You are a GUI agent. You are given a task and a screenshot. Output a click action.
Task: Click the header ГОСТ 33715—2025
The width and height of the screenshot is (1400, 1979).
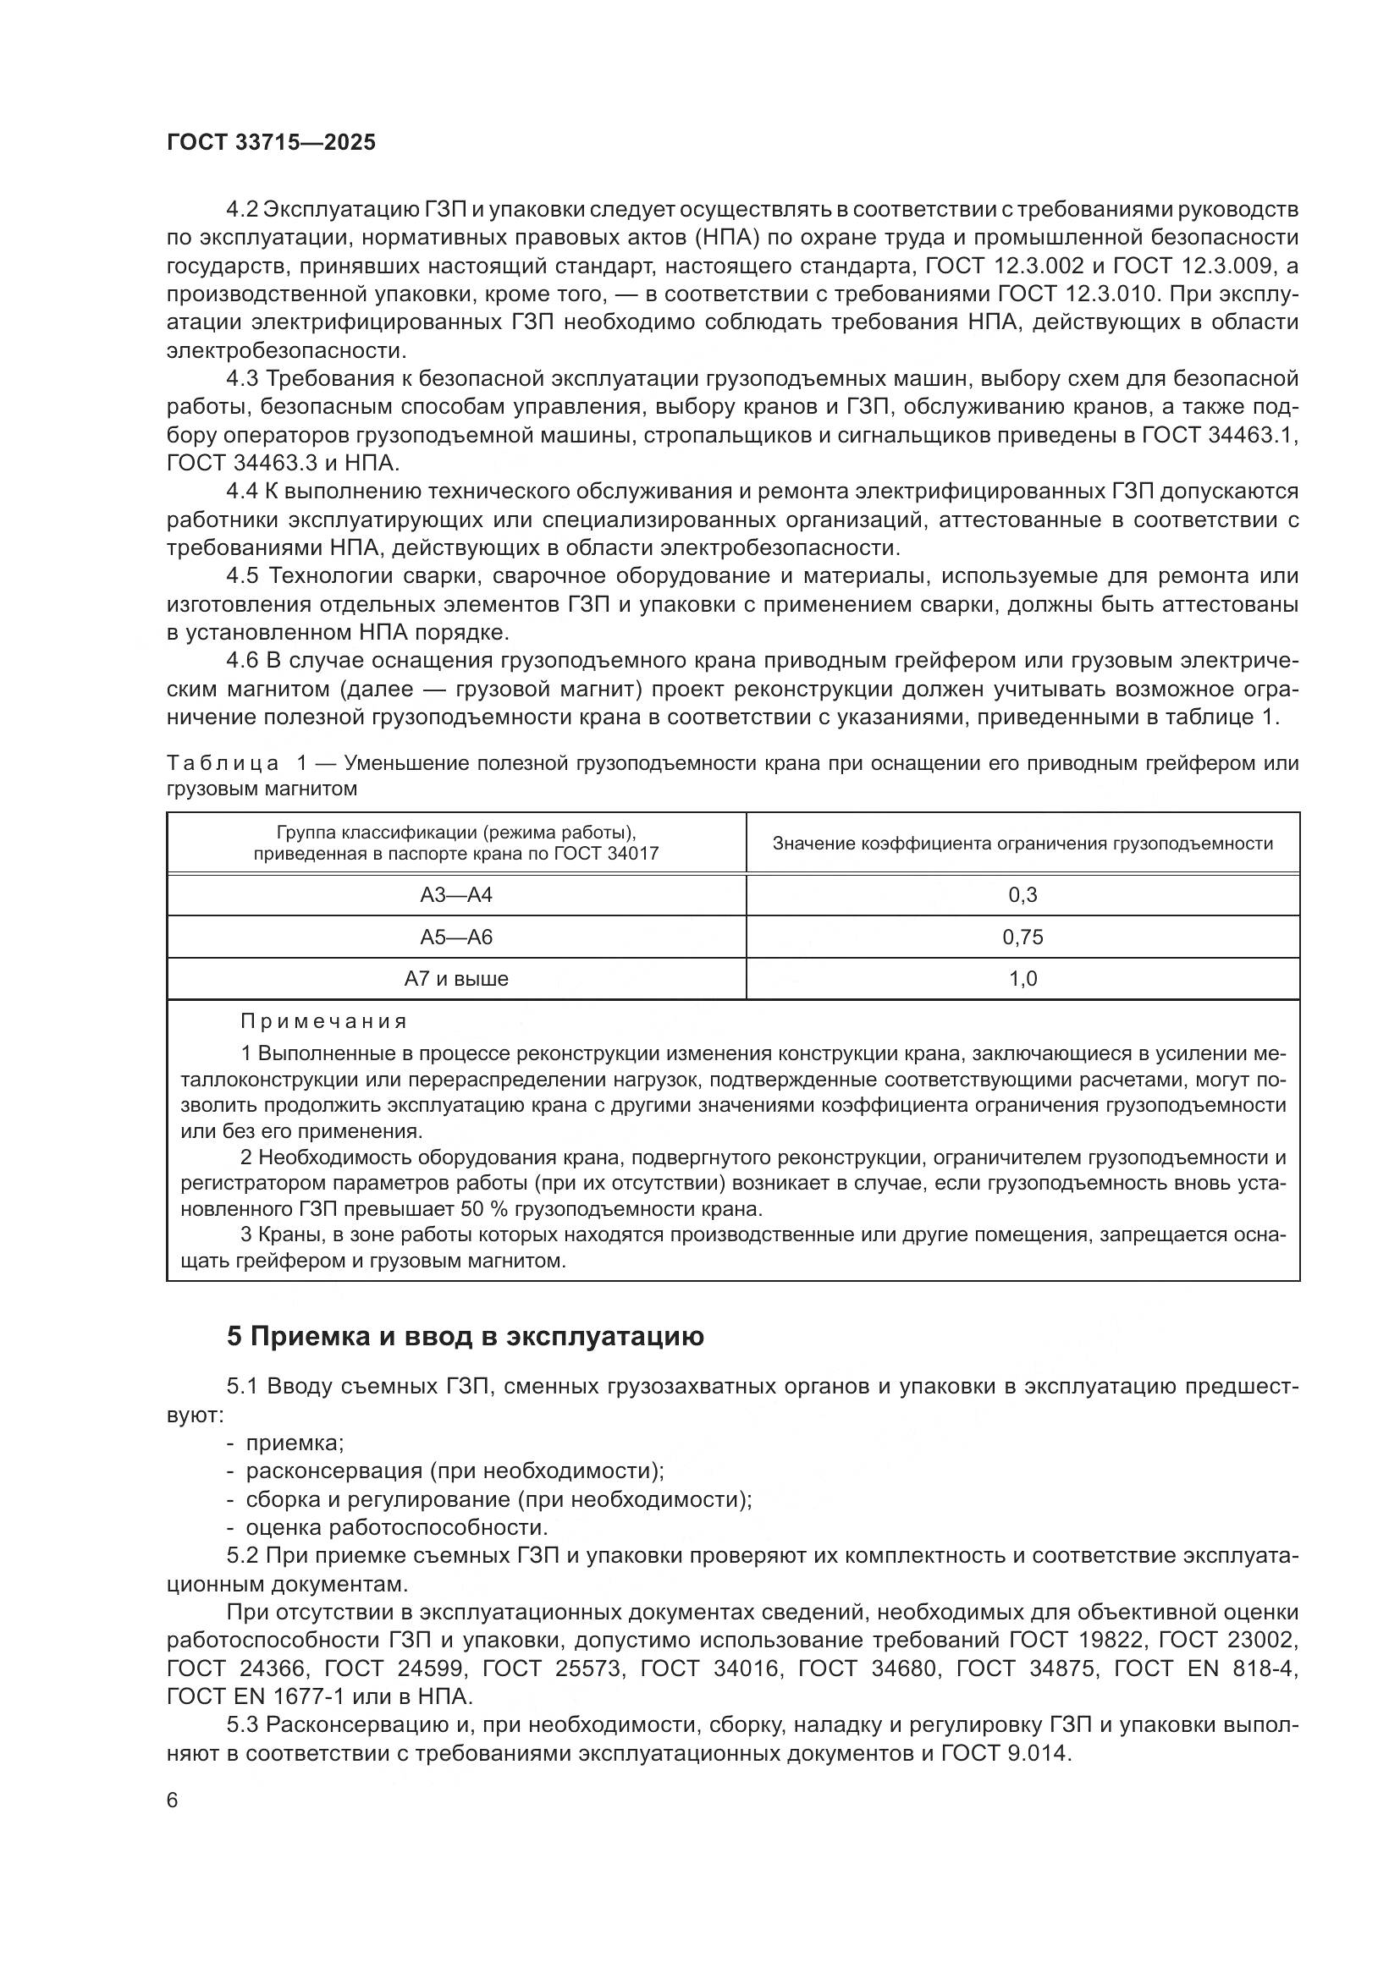click(x=271, y=143)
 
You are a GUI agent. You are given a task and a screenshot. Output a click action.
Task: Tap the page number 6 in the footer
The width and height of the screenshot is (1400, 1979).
click(x=173, y=1800)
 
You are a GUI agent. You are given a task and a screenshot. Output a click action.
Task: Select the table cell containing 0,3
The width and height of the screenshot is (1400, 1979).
click(x=1022, y=894)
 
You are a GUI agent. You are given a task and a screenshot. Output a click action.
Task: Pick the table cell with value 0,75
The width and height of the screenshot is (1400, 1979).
click(x=1022, y=937)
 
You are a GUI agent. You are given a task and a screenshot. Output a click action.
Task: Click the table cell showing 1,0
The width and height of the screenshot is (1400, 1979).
click(x=1022, y=979)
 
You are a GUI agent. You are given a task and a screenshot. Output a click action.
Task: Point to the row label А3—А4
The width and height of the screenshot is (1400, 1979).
click(x=456, y=894)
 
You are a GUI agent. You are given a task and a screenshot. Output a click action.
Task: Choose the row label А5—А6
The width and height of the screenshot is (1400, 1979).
click(x=456, y=937)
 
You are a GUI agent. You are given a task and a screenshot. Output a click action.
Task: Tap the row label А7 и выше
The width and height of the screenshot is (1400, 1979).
click(x=456, y=979)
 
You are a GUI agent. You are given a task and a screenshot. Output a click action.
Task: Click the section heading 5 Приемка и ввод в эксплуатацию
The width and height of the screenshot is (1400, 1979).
click(x=466, y=1337)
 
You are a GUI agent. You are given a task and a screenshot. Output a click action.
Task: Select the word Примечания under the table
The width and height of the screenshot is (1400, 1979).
click(x=323, y=1022)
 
